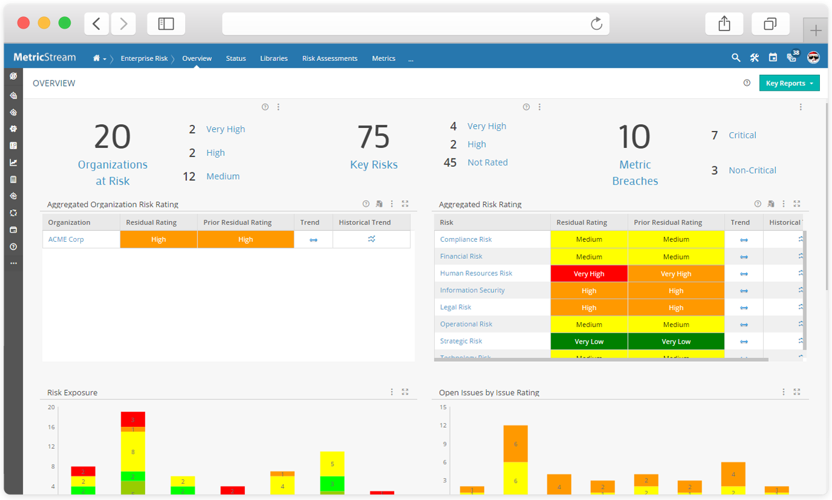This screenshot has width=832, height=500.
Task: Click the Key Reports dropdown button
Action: click(x=789, y=83)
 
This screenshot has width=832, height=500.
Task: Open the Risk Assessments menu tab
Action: click(x=330, y=58)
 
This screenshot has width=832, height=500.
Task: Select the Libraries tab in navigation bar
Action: click(x=273, y=58)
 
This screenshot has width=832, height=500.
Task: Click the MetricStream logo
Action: click(x=44, y=57)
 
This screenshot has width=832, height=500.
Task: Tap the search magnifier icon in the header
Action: click(x=736, y=58)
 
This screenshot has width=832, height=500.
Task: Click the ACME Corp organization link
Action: click(x=66, y=239)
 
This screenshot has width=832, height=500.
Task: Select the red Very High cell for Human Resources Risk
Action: click(x=588, y=273)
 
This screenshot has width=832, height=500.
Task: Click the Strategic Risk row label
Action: click(x=461, y=341)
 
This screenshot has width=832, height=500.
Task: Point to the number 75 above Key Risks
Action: click(x=373, y=137)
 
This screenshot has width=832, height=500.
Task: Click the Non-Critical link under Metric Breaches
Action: click(x=752, y=171)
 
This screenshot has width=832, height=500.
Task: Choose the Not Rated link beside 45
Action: click(x=487, y=163)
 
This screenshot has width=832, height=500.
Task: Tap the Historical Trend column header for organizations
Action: click(x=365, y=222)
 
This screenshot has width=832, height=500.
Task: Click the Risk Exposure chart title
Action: click(x=72, y=392)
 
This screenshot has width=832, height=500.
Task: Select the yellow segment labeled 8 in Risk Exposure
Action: click(x=133, y=452)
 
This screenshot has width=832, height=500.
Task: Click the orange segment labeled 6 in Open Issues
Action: click(x=515, y=444)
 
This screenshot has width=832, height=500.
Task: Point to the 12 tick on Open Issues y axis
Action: click(x=443, y=425)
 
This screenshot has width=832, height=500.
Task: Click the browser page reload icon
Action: click(x=596, y=24)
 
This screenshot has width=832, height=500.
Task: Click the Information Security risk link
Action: click(x=472, y=290)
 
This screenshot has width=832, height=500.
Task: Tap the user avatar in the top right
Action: click(x=813, y=58)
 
